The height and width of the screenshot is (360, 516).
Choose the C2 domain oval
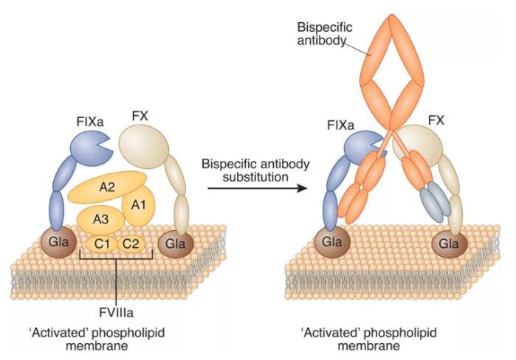coord(131,243)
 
